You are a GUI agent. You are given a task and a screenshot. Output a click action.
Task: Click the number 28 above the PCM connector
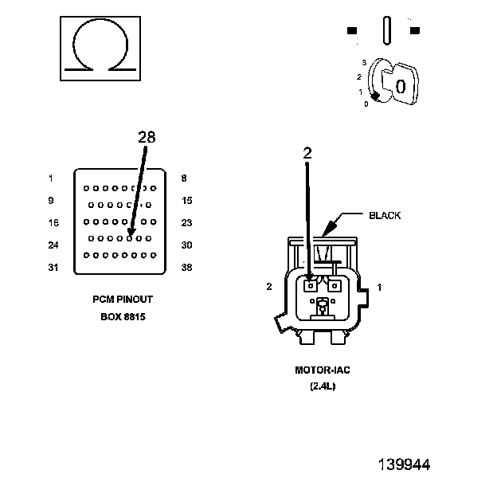[x=147, y=137]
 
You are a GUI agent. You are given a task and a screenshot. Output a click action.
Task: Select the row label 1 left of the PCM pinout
[x=51, y=178]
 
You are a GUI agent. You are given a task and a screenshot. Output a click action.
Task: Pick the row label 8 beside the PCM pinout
[x=184, y=178]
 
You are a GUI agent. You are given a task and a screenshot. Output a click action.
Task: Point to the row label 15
[x=187, y=201]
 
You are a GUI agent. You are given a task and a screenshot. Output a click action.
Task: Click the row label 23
[x=186, y=223]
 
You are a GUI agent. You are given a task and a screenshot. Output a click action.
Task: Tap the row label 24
[x=53, y=245]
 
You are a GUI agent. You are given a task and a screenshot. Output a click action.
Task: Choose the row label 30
[x=186, y=245]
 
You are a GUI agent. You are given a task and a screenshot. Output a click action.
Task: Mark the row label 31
[x=53, y=268]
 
